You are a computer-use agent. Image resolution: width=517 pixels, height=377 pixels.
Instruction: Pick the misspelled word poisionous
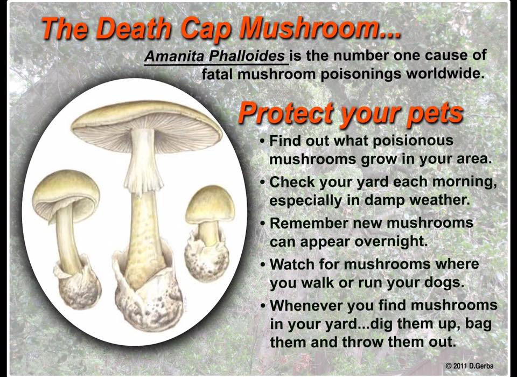click(x=413, y=141)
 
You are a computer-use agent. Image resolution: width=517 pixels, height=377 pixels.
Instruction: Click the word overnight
click(x=391, y=241)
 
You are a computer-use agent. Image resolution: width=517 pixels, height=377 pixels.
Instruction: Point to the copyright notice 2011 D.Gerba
click(x=470, y=366)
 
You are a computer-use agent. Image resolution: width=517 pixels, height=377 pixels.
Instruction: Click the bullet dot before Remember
click(x=262, y=224)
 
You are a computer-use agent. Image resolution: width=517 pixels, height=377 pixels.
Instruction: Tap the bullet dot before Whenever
click(x=262, y=306)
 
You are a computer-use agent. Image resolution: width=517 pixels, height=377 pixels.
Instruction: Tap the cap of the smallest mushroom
click(x=210, y=205)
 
